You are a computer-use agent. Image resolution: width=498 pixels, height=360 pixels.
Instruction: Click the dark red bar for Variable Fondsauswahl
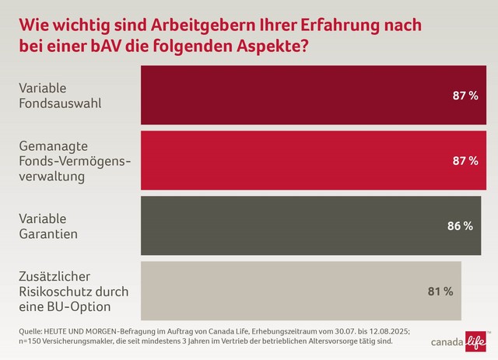pyautogui.click(x=296, y=95)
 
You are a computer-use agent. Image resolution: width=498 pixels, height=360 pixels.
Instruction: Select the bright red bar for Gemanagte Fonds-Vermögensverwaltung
pyautogui.click(x=296, y=160)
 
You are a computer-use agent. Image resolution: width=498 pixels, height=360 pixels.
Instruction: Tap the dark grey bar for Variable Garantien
pyautogui.click(x=296, y=225)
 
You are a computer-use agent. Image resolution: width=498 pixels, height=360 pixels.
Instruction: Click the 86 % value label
pyautogui.click(x=460, y=226)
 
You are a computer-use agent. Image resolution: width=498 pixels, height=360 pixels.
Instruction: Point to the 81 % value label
pyautogui.click(x=440, y=292)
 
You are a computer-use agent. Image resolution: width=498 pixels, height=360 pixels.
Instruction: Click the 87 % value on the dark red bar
pyautogui.click(x=465, y=95)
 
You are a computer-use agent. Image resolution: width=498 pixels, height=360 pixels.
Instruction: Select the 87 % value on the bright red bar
pyautogui.click(x=465, y=161)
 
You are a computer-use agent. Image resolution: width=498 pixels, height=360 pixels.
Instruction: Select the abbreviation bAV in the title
pyautogui.click(x=103, y=45)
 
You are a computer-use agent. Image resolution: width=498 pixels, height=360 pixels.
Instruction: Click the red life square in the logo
pyautogui.click(x=476, y=340)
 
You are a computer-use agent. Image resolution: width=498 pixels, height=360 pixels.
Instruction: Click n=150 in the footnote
pyautogui.click(x=31, y=341)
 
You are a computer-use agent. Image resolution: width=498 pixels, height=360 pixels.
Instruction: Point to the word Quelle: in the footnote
pyautogui.click(x=32, y=330)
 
